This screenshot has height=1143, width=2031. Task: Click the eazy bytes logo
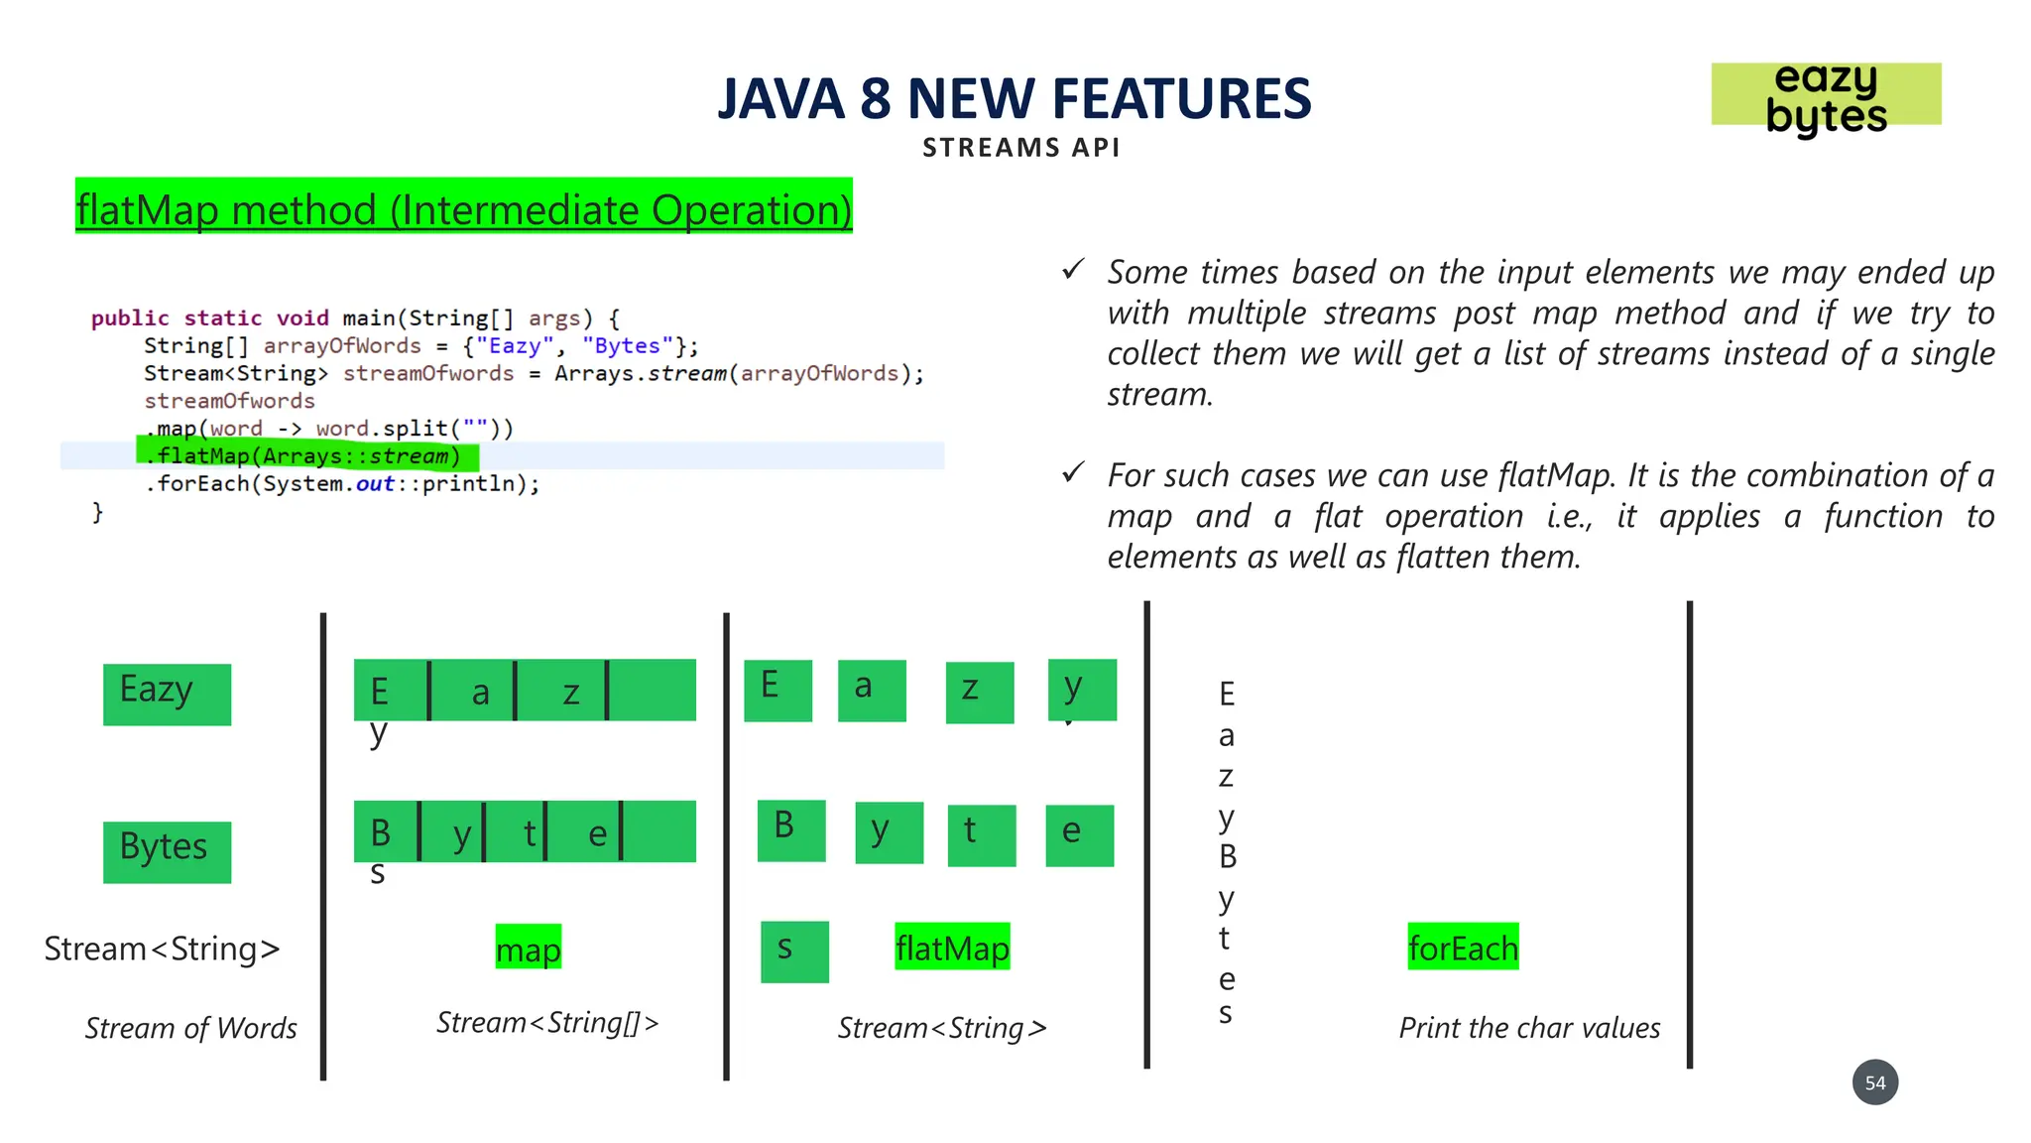pyautogui.click(x=1826, y=96)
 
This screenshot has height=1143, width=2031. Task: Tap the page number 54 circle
pyautogui.click(x=1874, y=1082)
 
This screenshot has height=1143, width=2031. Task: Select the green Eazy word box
pyautogui.click(x=167, y=694)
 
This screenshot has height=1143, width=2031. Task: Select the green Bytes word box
pyautogui.click(x=167, y=851)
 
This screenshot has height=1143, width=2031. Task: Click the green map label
pyautogui.click(x=528, y=948)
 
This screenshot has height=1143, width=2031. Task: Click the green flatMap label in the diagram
pyautogui.click(x=952, y=947)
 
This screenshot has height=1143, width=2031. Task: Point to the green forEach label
pyautogui.click(x=1463, y=947)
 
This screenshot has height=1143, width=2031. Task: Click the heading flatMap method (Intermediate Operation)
pyautogui.click(x=463, y=207)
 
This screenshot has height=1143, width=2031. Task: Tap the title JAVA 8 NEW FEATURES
pyautogui.click(x=1014, y=99)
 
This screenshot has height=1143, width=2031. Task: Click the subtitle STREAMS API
pyautogui.click(x=1020, y=148)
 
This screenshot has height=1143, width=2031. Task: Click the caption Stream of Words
pyautogui.click(x=190, y=1028)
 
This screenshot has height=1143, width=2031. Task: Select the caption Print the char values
pyautogui.click(x=1529, y=1028)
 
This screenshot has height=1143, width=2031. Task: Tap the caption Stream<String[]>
pyautogui.click(x=547, y=1023)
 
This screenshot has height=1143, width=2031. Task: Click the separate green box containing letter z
pyautogui.click(x=979, y=692)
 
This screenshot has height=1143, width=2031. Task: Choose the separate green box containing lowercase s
pyautogui.click(x=794, y=951)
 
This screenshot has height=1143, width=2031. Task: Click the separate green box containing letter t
pyautogui.click(x=981, y=834)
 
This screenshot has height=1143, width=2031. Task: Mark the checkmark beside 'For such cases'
pyautogui.click(x=1073, y=472)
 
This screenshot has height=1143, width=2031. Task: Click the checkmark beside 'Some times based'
pyautogui.click(x=1073, y=269)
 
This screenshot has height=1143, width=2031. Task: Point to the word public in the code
pyautogui.click(x=130, y=318)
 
